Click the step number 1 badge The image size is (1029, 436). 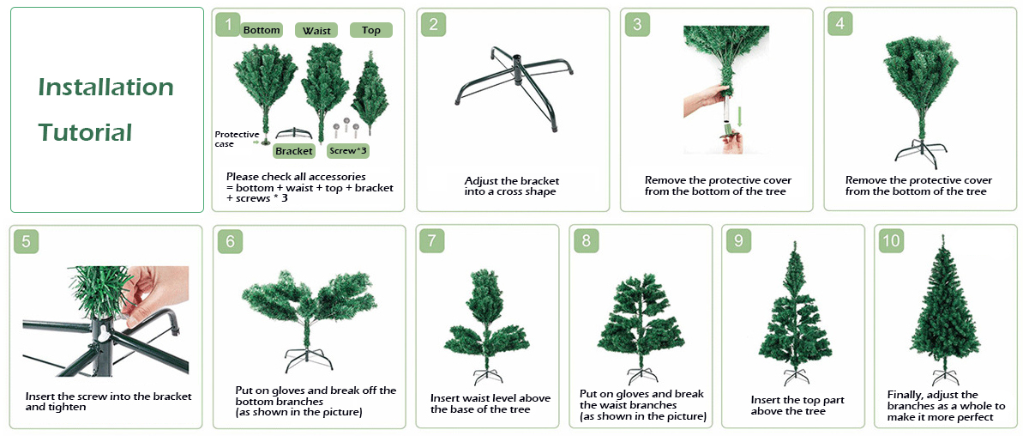(228, 24)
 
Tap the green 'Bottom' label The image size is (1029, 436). (262, 30)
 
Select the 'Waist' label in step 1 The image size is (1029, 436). (316, 30)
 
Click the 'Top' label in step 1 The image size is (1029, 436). (371, 30)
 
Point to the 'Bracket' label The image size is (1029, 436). (294, 151)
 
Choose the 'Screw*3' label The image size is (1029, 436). (348, 150)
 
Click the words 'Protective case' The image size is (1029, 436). (237, 139)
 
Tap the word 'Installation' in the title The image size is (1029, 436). (105, 87)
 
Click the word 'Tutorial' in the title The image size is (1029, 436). (85, 132)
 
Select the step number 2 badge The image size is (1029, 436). (433, 24)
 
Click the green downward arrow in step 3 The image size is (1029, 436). (740, 117)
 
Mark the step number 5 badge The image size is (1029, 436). (27, 241)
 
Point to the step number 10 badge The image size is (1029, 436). (891, 240)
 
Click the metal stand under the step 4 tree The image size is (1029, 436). (921, 154)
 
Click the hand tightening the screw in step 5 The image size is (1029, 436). (156, 294)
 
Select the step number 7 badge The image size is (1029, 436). (432, 240)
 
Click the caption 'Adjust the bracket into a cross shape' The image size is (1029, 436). (511, 185)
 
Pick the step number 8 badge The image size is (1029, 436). (587, 240)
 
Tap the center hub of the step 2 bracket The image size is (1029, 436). (517, 70)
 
